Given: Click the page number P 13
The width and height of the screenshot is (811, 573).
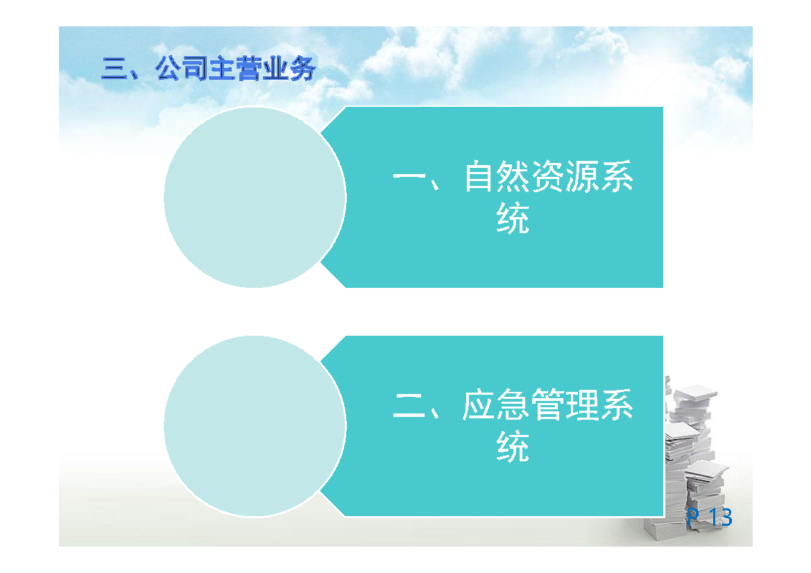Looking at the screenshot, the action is (710, 517).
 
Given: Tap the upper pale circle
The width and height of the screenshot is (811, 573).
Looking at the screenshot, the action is (255, 198).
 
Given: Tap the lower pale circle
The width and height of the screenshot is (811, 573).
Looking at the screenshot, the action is (255, 426).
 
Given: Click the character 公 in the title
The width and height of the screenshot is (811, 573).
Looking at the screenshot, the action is (169, 69).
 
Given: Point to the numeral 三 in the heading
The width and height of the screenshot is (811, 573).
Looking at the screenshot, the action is (115, 69).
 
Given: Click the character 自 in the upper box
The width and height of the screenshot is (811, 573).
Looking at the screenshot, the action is (479, 176).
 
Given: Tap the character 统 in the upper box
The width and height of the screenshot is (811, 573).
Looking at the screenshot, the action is (513, 218).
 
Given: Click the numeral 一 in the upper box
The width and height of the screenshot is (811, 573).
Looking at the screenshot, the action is (409, 176).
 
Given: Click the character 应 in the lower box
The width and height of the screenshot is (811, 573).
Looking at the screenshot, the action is (479, 404).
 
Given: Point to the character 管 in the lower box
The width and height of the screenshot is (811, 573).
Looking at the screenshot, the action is (547, 404).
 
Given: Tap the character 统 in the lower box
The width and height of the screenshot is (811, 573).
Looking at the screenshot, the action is (513, 446).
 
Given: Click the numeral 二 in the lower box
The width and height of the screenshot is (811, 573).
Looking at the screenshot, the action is (409, 405).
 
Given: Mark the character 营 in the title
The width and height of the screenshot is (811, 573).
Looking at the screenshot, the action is (249, 69).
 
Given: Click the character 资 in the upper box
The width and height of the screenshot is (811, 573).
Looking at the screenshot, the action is (547, 176).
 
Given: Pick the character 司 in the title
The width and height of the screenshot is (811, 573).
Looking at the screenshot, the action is (196, 69).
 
